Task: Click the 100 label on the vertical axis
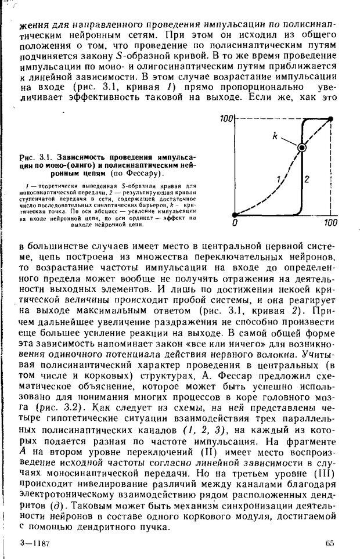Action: click(x=225, y=119)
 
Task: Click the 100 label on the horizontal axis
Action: click(x=330, y=222)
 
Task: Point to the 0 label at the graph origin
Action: click(x=233, y=222)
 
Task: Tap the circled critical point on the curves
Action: click(x=302, y=148)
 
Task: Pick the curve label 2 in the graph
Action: click(x=307, y=178)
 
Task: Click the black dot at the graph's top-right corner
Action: click(x=330, y=119)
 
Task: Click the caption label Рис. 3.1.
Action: click(x=34, y=157)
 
